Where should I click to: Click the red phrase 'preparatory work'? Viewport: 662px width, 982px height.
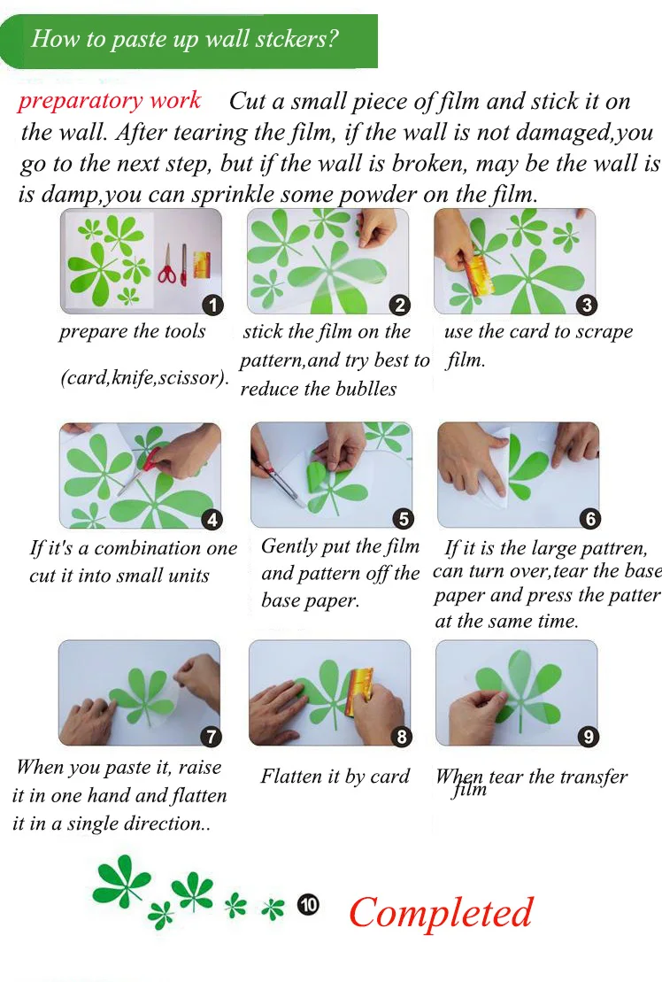(x=110, y=101)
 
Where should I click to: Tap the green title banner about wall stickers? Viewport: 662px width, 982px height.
(x=189, y=41)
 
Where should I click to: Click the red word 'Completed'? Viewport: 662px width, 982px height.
(x=441, y=912)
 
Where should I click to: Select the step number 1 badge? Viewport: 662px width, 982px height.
(x=212, y=305)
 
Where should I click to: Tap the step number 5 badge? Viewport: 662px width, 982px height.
(x=403, y=519)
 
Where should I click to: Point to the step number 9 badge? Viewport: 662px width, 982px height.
(x=589, y=737)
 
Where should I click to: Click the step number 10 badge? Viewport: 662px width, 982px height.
(x=308, y=904)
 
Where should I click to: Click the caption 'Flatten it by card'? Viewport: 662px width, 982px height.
(x=335, y=777)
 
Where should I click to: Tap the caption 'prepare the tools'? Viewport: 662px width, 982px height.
(x=133, y=331)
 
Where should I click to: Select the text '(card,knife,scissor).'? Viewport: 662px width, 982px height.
(x=145, y=378)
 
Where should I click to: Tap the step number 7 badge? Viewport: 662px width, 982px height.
(x=211, y=737)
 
